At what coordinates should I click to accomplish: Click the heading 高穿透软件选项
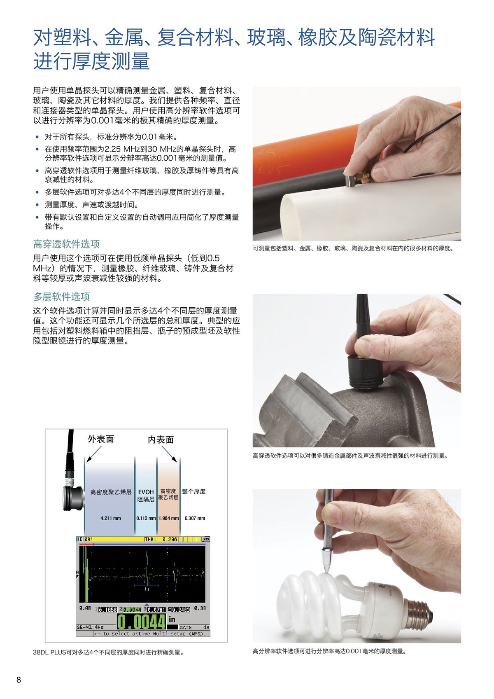(66, 244)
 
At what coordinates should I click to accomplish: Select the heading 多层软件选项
(61, 297)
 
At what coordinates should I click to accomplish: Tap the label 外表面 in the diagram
(101, 439)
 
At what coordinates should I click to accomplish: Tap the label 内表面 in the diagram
(161, 440)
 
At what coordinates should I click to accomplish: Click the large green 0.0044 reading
(141, 622)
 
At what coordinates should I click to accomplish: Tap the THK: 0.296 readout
(161, 539)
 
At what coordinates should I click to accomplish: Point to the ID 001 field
(85, 539)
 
